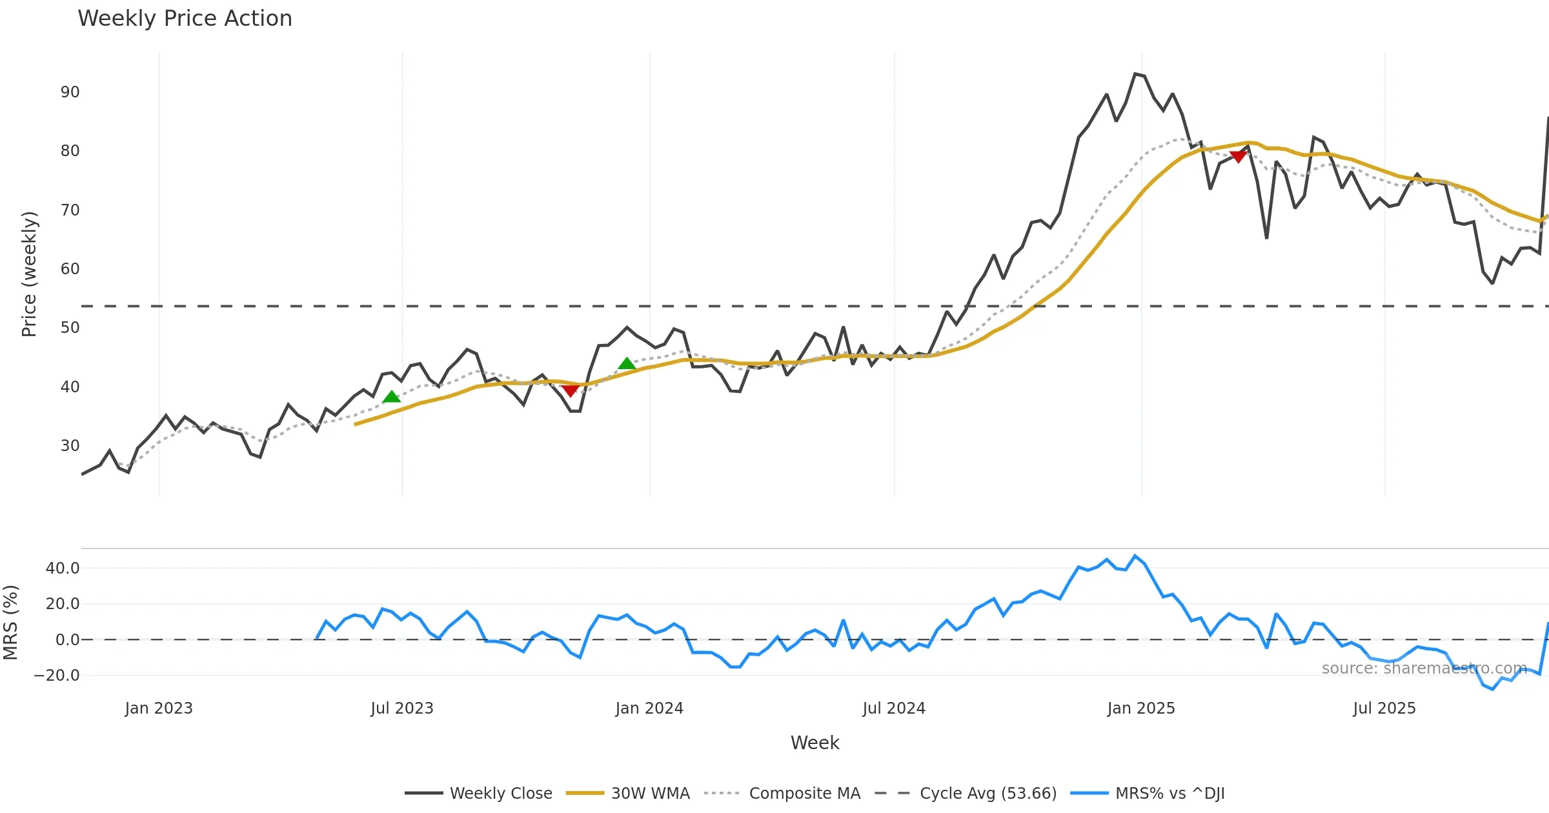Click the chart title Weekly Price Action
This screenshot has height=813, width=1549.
[x=185, y=19]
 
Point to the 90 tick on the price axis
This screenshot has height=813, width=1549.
[x=70, y=92]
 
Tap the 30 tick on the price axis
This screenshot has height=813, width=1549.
[x=70, y=446]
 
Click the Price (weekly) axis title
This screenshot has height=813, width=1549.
[x=30, y=274]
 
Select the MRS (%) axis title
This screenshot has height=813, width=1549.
[x=11, y=623]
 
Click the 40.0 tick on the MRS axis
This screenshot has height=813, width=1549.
[x=63, y=568]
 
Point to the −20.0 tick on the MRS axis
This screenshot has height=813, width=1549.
[x=57, y=676]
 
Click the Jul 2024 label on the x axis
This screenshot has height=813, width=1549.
[x=894, y=708]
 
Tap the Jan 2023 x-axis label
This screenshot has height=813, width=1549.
[x=159, y=708]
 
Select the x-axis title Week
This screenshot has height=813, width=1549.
[x=815, y=743]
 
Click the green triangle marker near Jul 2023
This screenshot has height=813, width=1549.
[x=391, y=397]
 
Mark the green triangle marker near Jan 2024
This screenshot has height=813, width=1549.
[x=627, y=364]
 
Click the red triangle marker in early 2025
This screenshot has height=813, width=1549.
[x=1238, y=157]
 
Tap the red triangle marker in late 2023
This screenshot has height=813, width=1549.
[x=570, y=390]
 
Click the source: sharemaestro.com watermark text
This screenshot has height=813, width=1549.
[x=1424, y=668]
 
